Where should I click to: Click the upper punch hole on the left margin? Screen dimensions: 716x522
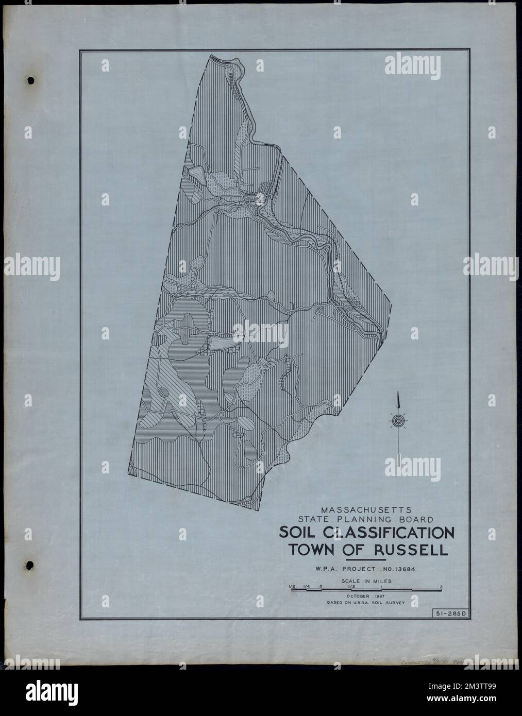tap(30, 80)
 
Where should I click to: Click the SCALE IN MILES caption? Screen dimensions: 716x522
tap(366, 581)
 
